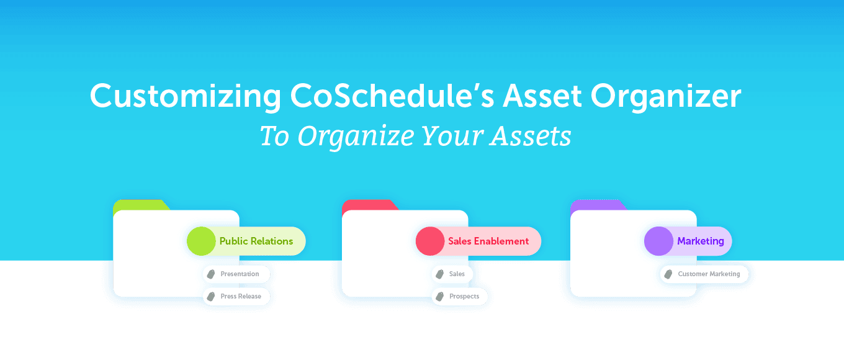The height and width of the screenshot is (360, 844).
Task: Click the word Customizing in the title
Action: [x=186, y=96]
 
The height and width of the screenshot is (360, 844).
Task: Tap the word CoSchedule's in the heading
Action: [x=392, y=96]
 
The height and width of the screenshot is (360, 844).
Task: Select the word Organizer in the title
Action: [x=666, y=96]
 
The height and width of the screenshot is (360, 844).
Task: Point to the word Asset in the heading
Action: [x=542, y=96]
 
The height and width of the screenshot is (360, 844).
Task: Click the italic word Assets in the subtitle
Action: [x=531, y=136]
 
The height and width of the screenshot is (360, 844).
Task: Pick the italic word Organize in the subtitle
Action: [x=356, y=137]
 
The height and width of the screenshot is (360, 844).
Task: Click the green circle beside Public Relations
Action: [x=201, y=241]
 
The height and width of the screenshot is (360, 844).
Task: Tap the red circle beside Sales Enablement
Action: [x=430, y=241]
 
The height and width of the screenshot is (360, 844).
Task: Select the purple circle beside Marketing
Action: [x=658, y=241]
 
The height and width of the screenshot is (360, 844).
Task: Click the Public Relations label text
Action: [x=256, y=241]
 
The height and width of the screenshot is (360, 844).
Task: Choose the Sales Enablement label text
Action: [x=488, y=241]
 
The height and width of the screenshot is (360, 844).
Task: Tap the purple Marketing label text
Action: [x=701, y=241]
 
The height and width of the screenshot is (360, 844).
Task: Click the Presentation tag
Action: [x=236, y=274]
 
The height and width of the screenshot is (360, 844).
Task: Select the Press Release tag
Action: [x=236, y=296]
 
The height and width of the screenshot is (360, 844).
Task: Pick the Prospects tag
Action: [x=459, y=296]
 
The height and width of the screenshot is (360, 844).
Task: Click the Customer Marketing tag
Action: [x=704, y=274]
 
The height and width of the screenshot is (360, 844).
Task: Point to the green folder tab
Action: [x=141, y=205]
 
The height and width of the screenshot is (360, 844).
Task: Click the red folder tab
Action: [x=370, y=205]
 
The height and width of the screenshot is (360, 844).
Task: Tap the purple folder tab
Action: [x=598, y=205]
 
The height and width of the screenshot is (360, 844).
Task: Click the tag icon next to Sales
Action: [x=440, y=274]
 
